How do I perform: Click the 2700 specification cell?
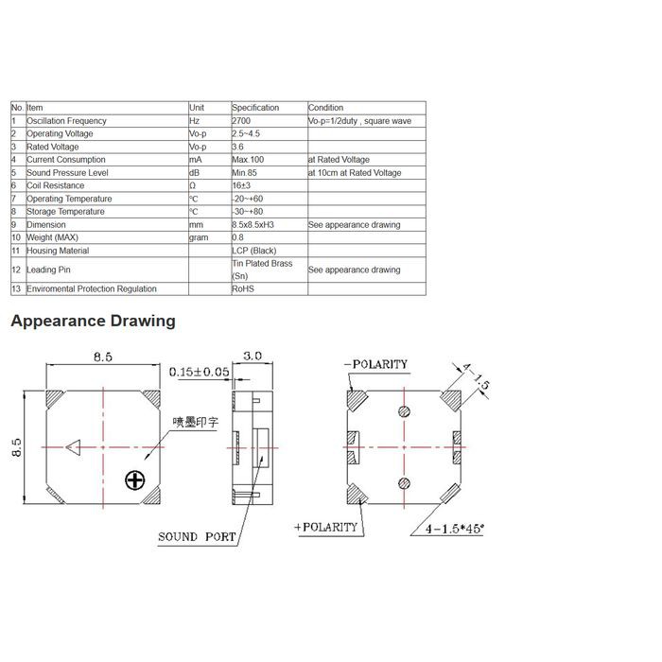[241, 121]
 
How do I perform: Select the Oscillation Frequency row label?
[66, 121]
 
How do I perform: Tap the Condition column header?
[325, 108]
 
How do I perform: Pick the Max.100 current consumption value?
[248, 160]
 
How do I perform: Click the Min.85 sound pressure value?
[244, 173]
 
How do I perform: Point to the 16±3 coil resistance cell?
[241, 185]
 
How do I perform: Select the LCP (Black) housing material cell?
[253, 251]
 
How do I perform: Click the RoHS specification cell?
[243, 288]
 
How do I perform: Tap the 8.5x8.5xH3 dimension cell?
[253, 225]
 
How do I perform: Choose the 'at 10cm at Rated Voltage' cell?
[355, 173]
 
